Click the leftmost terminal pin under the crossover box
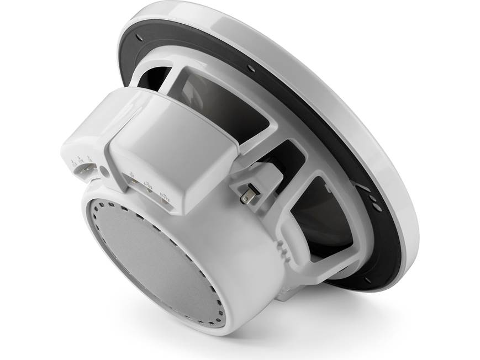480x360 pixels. click(133, 183)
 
